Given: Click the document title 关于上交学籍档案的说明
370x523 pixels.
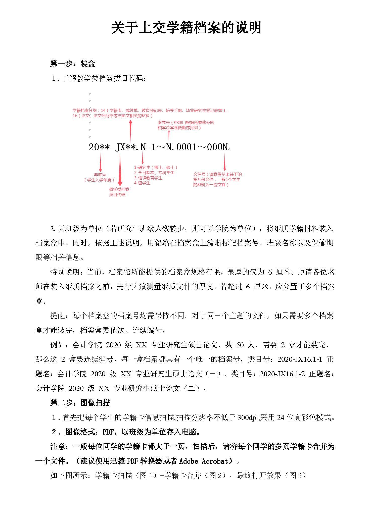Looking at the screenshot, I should pos(186,28).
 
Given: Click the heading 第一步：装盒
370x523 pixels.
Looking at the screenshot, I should pos(73,64).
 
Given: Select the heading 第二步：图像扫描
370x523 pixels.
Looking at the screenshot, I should pos(80,403).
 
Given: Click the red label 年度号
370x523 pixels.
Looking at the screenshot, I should pos(100,175).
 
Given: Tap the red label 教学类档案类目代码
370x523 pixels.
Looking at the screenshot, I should pos(119,192).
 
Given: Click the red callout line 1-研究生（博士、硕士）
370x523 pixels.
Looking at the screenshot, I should pos(156,167).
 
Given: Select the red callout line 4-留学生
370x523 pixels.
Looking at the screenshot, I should pos(142,183).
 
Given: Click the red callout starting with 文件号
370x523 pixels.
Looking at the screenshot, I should pos(217,179).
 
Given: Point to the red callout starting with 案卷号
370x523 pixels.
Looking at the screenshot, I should pos(186,125).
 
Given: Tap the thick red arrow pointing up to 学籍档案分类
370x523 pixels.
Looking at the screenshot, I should pos(130,131).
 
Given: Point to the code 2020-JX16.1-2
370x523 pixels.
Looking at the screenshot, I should pos(282,374).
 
